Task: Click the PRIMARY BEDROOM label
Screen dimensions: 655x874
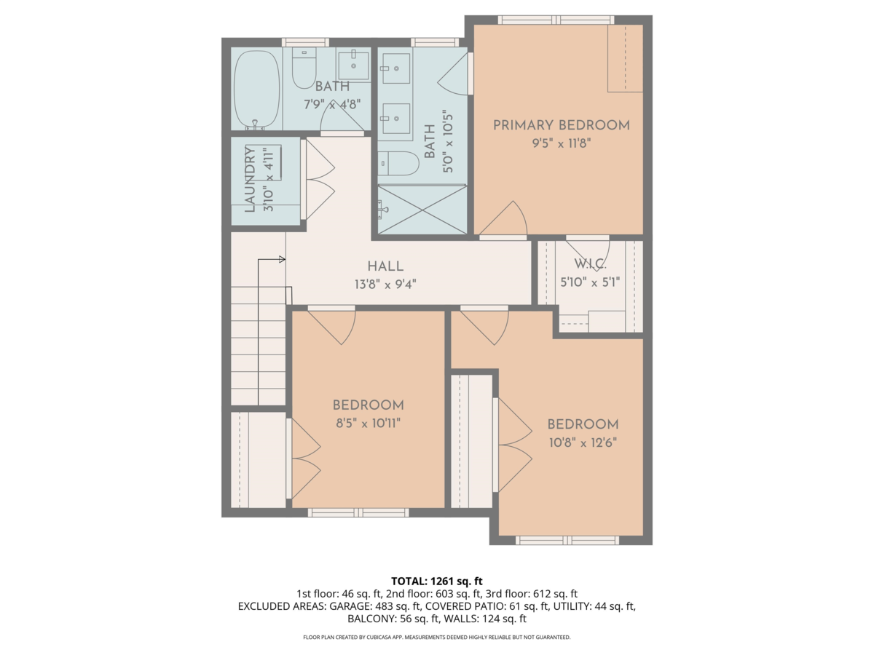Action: (561, 125)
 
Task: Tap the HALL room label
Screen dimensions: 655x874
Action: (385, 266)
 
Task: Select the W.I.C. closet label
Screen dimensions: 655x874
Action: (587, 263)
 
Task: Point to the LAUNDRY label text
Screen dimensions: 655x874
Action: (251, 179)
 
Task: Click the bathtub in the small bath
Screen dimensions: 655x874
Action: (256, 89)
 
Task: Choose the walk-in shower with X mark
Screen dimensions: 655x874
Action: (422, 209)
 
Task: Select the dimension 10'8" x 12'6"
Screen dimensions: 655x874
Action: (583, 442)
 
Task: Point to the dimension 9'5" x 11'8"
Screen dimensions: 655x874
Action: (560, 143)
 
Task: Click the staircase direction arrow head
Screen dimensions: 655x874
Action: (282, 258)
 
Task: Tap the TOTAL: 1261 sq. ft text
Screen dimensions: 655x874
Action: (436, 581)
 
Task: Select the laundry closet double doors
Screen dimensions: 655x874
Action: (319, 180)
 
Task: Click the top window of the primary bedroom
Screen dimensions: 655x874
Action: (556, 20)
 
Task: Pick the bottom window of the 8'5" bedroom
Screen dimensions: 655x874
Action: (358, 512)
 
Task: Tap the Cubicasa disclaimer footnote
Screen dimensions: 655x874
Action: (436, 637)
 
